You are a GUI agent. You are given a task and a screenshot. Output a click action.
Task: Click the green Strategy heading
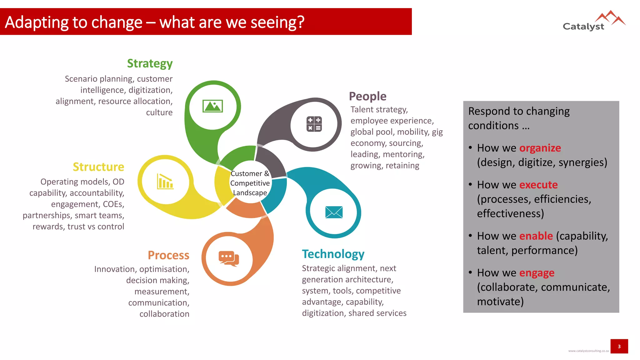pyautogui.click(x=150, y=63)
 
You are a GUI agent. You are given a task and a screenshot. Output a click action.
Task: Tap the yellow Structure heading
pyautogui.click(x=98, y=167)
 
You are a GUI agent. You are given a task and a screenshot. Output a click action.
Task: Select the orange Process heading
pyautogui.click(x=168, y=255)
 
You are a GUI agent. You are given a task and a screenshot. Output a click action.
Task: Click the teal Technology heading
pyautogui.click(x=333, y=254)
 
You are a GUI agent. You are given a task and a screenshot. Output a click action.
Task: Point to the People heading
pyautogui.click(x=367, y=96)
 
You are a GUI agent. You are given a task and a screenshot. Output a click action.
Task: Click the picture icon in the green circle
pyautogui.click(x=212, y=106)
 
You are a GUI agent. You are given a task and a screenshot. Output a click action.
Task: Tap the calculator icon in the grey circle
pyautogui.click(x=314, y=124)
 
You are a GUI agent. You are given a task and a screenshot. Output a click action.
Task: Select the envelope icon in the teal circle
pyautogui.click(x=334, y=212)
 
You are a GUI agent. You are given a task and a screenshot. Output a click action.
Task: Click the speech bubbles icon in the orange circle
pyautogui.click(x=229, y=258)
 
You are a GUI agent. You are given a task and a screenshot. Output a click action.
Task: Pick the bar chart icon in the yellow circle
pyautogui.click(x=165, y=182)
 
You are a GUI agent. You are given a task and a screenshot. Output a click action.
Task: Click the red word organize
pyautogui.click(x=540, y=148)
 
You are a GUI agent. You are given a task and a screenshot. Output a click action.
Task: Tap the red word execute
pyautogui.click(x=538, y=185)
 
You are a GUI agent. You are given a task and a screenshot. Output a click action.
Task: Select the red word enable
pyautogui.click(x=536, y=236)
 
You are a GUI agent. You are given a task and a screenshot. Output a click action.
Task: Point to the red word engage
pyautogui.click(x=537, y=273)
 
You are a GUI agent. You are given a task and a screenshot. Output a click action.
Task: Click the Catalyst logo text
pyautogui.click(x=583, y=27)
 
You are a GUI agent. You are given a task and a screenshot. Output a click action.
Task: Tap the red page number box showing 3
pyautogui.click(x=619, y=346)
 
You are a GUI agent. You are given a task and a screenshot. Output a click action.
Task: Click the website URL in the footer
pyautogui.click(x=588, y=351)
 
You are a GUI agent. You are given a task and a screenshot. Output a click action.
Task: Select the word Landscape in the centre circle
pyautogui.click(x=250, y=193)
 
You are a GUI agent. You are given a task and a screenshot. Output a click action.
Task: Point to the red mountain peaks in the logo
pyautogui.click(x=610, y=17)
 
